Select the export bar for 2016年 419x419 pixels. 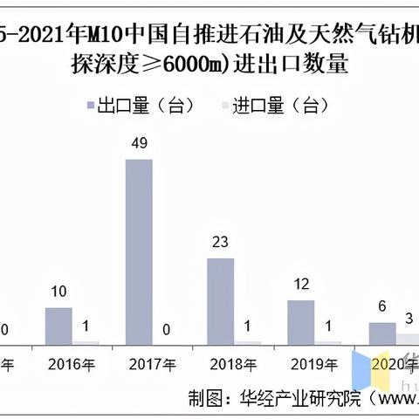[x=58, y=325]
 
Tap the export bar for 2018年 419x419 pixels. [x=220, y=300]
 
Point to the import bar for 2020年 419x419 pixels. [x=408, y=338]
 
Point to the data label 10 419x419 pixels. [x=58, y=293]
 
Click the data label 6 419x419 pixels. [x=381, y=309]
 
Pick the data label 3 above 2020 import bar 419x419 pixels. [x=409, y=319]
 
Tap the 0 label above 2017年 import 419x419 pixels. [x=166, y=329]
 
